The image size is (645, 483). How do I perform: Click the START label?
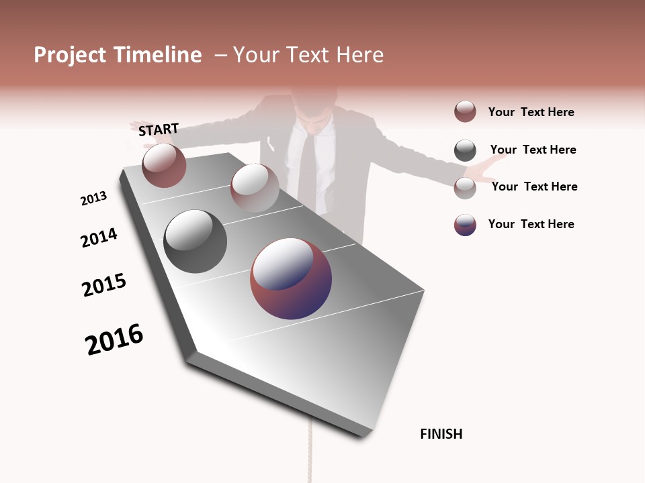pos(159,129)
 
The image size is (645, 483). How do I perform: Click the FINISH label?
pos(441,434)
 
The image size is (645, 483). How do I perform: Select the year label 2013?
pos(93,199)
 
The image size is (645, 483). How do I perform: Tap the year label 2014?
pos(99,237)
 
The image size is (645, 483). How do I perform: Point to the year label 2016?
pos(114,339)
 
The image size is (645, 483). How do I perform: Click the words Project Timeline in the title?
pos(118,55)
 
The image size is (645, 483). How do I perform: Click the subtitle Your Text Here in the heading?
pos(308,55)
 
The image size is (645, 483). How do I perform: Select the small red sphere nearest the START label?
pos(164,165)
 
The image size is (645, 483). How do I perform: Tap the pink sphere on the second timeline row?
pos(255,187)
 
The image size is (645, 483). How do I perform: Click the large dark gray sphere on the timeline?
pos(196,241)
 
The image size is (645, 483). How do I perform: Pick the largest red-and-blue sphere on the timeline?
pos(291,278)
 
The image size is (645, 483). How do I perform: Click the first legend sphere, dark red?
pos(465,111)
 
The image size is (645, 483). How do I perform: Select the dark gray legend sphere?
pos(465,150)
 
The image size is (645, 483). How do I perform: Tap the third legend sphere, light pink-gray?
pos(465,187)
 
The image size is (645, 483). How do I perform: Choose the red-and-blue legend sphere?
pos(465,225)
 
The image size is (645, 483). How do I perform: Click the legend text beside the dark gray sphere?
pos(533,150)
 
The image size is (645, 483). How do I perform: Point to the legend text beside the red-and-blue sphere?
pos(531,224)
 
